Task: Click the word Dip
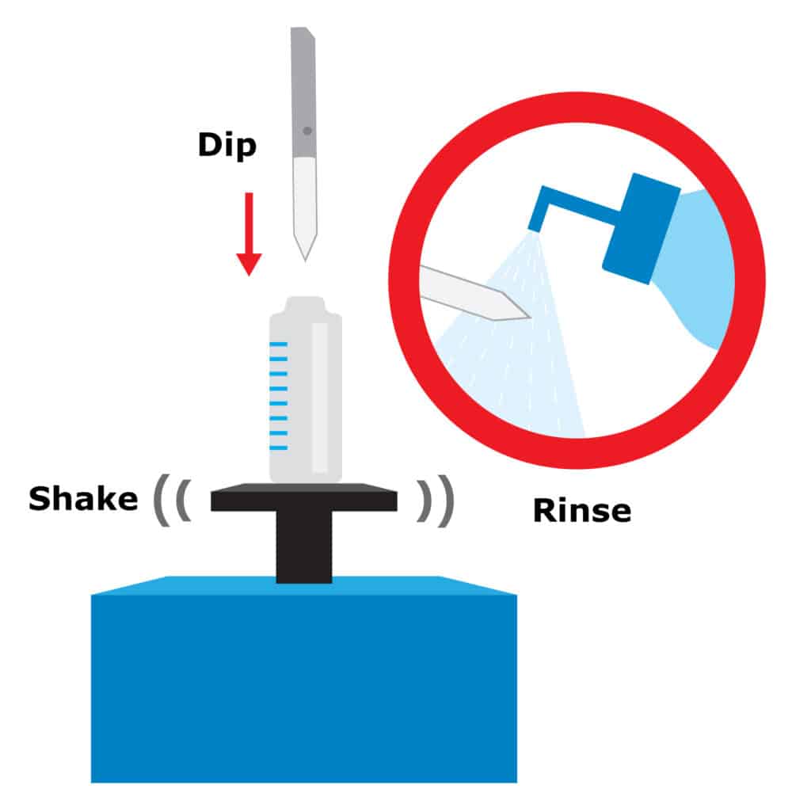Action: point(227,146)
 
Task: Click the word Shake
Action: point(83,499)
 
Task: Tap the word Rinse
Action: point(582,511)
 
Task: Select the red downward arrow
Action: point(249,234)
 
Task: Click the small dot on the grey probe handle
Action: point(307,131)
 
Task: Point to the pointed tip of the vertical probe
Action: point(305,260)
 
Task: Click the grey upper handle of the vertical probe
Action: point(303,92)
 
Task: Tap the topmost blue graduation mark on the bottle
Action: point(279,344)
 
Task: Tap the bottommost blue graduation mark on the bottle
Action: point(279,448)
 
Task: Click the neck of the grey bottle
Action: point(305,304)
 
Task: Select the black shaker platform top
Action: point(304,497)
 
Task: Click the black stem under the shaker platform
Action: point(304,546)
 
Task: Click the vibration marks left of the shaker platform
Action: point(173,500)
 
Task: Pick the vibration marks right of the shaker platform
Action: point(436,501)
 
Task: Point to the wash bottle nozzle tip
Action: point(535,227)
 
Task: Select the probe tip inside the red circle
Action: point(517,310)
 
